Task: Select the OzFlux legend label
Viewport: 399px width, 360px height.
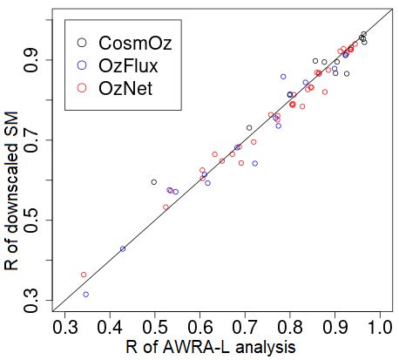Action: click(126, 65)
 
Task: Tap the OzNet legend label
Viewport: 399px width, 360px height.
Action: click(124, 87)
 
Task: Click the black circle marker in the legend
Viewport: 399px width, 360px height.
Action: click(81, 42)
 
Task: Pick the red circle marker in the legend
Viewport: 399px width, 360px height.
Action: click(81, 87)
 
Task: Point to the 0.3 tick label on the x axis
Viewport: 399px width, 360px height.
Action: click(64, 329)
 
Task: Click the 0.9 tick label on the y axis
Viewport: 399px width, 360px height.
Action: click(37, 60)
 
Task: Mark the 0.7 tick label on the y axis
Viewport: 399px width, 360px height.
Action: click(37, 140)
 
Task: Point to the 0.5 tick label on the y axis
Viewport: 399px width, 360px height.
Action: click(37, 221)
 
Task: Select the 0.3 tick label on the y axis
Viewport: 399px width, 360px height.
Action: click(37, 301)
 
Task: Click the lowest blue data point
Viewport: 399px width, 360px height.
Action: click(85, 295)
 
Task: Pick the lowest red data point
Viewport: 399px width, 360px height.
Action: click(84, 275)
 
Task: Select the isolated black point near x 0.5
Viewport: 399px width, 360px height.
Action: click(154, 182)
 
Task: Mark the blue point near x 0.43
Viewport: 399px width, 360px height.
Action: click(123, 248)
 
